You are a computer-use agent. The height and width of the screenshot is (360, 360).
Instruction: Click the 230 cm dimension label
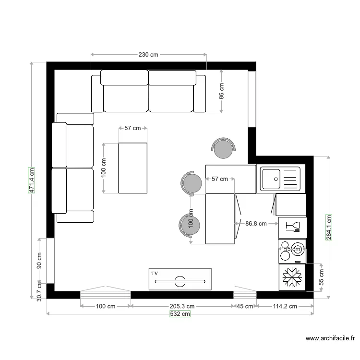[148, 55]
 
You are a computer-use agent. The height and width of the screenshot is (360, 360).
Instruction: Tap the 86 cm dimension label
[221, 91]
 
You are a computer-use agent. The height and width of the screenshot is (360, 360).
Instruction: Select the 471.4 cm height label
[32, 180]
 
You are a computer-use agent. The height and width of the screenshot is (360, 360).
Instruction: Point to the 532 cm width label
[180, 314]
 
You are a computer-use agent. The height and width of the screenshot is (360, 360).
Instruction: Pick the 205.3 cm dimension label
[181, 306]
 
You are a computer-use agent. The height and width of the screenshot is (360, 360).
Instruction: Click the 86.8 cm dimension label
[256, 223]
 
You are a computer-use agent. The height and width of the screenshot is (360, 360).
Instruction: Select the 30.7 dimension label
[39, 290]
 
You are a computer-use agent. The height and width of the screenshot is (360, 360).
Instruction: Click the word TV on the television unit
[155, 273]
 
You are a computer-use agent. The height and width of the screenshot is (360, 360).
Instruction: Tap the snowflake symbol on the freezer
[291, 277]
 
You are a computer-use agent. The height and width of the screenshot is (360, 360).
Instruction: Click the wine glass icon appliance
[292, 226]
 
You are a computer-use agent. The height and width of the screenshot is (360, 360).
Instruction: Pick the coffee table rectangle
[132, 168]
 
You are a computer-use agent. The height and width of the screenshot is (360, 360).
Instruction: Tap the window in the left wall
[50, 260]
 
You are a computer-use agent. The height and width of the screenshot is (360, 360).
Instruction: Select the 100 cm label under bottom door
[105, 306]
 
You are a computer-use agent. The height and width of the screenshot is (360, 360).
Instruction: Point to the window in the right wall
[252, 99]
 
